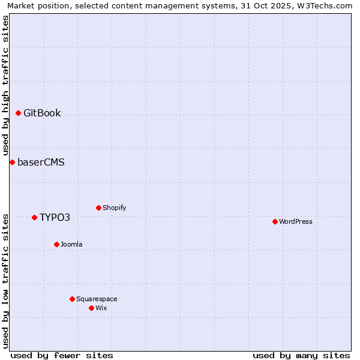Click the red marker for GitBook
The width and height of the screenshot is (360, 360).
point(18,113)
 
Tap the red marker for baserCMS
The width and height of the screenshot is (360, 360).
point(12,162)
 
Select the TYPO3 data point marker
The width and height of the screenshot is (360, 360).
point(34,217)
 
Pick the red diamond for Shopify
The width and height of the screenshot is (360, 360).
point(98,208)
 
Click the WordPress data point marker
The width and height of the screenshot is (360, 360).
point(275,221)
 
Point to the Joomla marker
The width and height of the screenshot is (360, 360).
point(56,244)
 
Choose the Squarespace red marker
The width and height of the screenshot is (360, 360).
point(72,299)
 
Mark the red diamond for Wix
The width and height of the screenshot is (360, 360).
point(91,308)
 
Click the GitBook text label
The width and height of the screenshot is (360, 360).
point(42,113)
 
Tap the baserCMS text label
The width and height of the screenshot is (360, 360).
point(41,162)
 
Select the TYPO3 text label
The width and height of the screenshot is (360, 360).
point(55,217)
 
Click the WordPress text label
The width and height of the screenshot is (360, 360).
point(295,221)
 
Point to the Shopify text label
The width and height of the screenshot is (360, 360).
point(114,208)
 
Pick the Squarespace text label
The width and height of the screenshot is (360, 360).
point(97,299)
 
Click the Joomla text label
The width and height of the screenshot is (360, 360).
point(71,244)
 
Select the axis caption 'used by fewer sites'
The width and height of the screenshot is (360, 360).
point(62,355)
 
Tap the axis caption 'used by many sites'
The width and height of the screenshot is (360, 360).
point(301,355)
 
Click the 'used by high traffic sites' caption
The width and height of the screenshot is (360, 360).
point(5,85)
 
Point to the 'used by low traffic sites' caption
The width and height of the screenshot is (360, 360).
point(5,280)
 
